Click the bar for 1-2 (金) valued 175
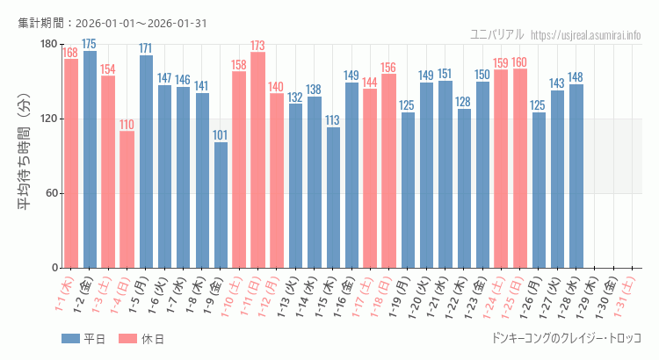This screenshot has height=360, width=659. tap(90, 159)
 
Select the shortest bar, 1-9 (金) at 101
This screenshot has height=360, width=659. tap(221, 205)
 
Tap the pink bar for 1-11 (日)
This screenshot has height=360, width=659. tap(257, 160)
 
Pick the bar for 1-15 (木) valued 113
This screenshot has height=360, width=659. tap(333, 198)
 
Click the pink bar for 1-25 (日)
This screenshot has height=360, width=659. tap(519, 168)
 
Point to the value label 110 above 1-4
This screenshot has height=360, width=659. tap(127, 125)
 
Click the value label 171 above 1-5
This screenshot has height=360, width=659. tap(146, 48)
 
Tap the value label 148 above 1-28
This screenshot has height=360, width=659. tap(576, 77)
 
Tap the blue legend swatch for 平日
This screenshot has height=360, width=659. tap(70, 339)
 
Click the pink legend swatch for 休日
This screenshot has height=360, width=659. tap(127, 339)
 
